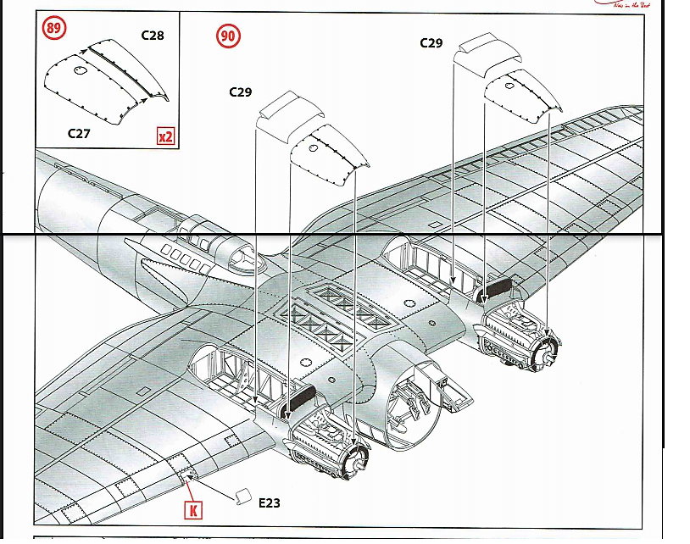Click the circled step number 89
click(53, 29)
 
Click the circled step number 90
click(228, 36)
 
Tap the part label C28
click(153, 36)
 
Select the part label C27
click(80, 133)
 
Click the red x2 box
click(165, 135)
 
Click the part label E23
click(269, 503)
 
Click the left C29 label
click(241, 92)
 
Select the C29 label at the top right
click(431, 42)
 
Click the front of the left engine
click(357, 458)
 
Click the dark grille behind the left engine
click(302, 396)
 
